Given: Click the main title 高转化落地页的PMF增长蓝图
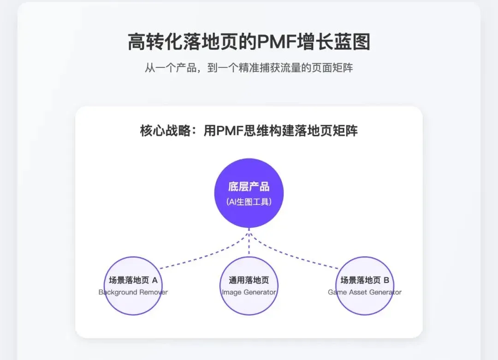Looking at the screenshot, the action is [x=249, y=42].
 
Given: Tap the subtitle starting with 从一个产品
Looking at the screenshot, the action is [x=249, y=68].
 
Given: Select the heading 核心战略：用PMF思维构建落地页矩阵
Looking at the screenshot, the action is [x=249, y=131].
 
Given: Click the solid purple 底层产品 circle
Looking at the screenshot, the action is [x=249, y=193].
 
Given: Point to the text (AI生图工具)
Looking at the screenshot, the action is [x=249, y=202].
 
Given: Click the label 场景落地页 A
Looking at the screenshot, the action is [x=133, y=280].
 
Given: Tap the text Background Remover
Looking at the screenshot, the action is [x=133, y=292].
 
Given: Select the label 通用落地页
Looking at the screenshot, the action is [x=249, y=280].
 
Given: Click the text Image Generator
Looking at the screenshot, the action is [x=249, y=292].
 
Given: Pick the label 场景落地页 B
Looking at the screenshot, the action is [x=365, y=280].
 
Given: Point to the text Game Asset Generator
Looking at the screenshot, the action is [x=365, y=292].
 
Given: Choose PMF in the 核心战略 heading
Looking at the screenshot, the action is [x=229, y=131].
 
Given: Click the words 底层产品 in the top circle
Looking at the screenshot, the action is [x=249, y=186].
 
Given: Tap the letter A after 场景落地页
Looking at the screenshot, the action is [x=154, y=280].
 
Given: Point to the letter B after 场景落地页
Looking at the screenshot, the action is [x=386, y=280].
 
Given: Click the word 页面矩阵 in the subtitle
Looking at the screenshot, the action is [x=332, y=68].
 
